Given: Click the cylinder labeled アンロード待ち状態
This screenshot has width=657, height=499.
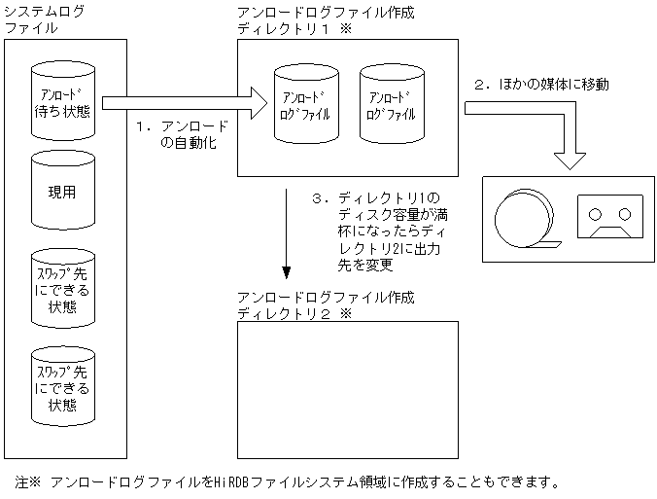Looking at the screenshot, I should pos(66,99).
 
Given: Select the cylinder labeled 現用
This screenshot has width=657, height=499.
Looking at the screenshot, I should pos(66,191).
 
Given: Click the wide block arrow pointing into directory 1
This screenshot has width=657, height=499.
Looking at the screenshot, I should pos(185,100).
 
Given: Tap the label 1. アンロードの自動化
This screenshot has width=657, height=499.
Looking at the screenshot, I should pos(182,134).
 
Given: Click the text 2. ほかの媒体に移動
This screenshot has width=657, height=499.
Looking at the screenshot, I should pos(540,85).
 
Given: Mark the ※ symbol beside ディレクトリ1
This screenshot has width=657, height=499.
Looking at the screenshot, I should pos(344,29).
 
